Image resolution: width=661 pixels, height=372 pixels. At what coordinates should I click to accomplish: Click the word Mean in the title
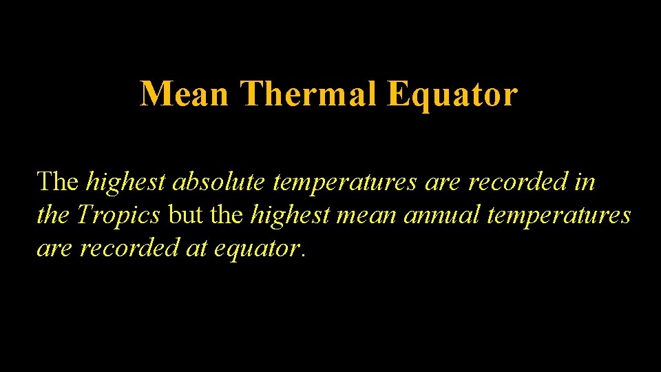click(184, 94)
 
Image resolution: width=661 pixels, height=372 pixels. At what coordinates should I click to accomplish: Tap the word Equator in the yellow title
click(452, 94)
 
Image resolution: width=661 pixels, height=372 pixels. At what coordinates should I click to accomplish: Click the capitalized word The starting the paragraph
click(58, 182)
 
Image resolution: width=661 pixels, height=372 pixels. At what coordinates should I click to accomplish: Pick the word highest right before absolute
click(127, 183)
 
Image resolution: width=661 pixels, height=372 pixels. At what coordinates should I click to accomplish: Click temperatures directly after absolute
click(345, 183)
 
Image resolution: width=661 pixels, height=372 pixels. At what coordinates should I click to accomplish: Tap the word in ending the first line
click(586, 182)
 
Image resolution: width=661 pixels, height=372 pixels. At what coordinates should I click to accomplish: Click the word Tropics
click(118, 216)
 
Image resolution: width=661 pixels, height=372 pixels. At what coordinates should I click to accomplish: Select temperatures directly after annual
click(558, 216)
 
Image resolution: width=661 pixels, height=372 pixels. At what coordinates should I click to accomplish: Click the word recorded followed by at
click(130, 248)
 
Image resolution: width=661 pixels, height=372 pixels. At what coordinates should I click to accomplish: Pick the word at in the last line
click(197, 248)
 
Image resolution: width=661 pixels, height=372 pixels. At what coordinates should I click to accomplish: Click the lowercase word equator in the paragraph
click(256, 249)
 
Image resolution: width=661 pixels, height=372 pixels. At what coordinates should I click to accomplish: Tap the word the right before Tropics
click(53, 216)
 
